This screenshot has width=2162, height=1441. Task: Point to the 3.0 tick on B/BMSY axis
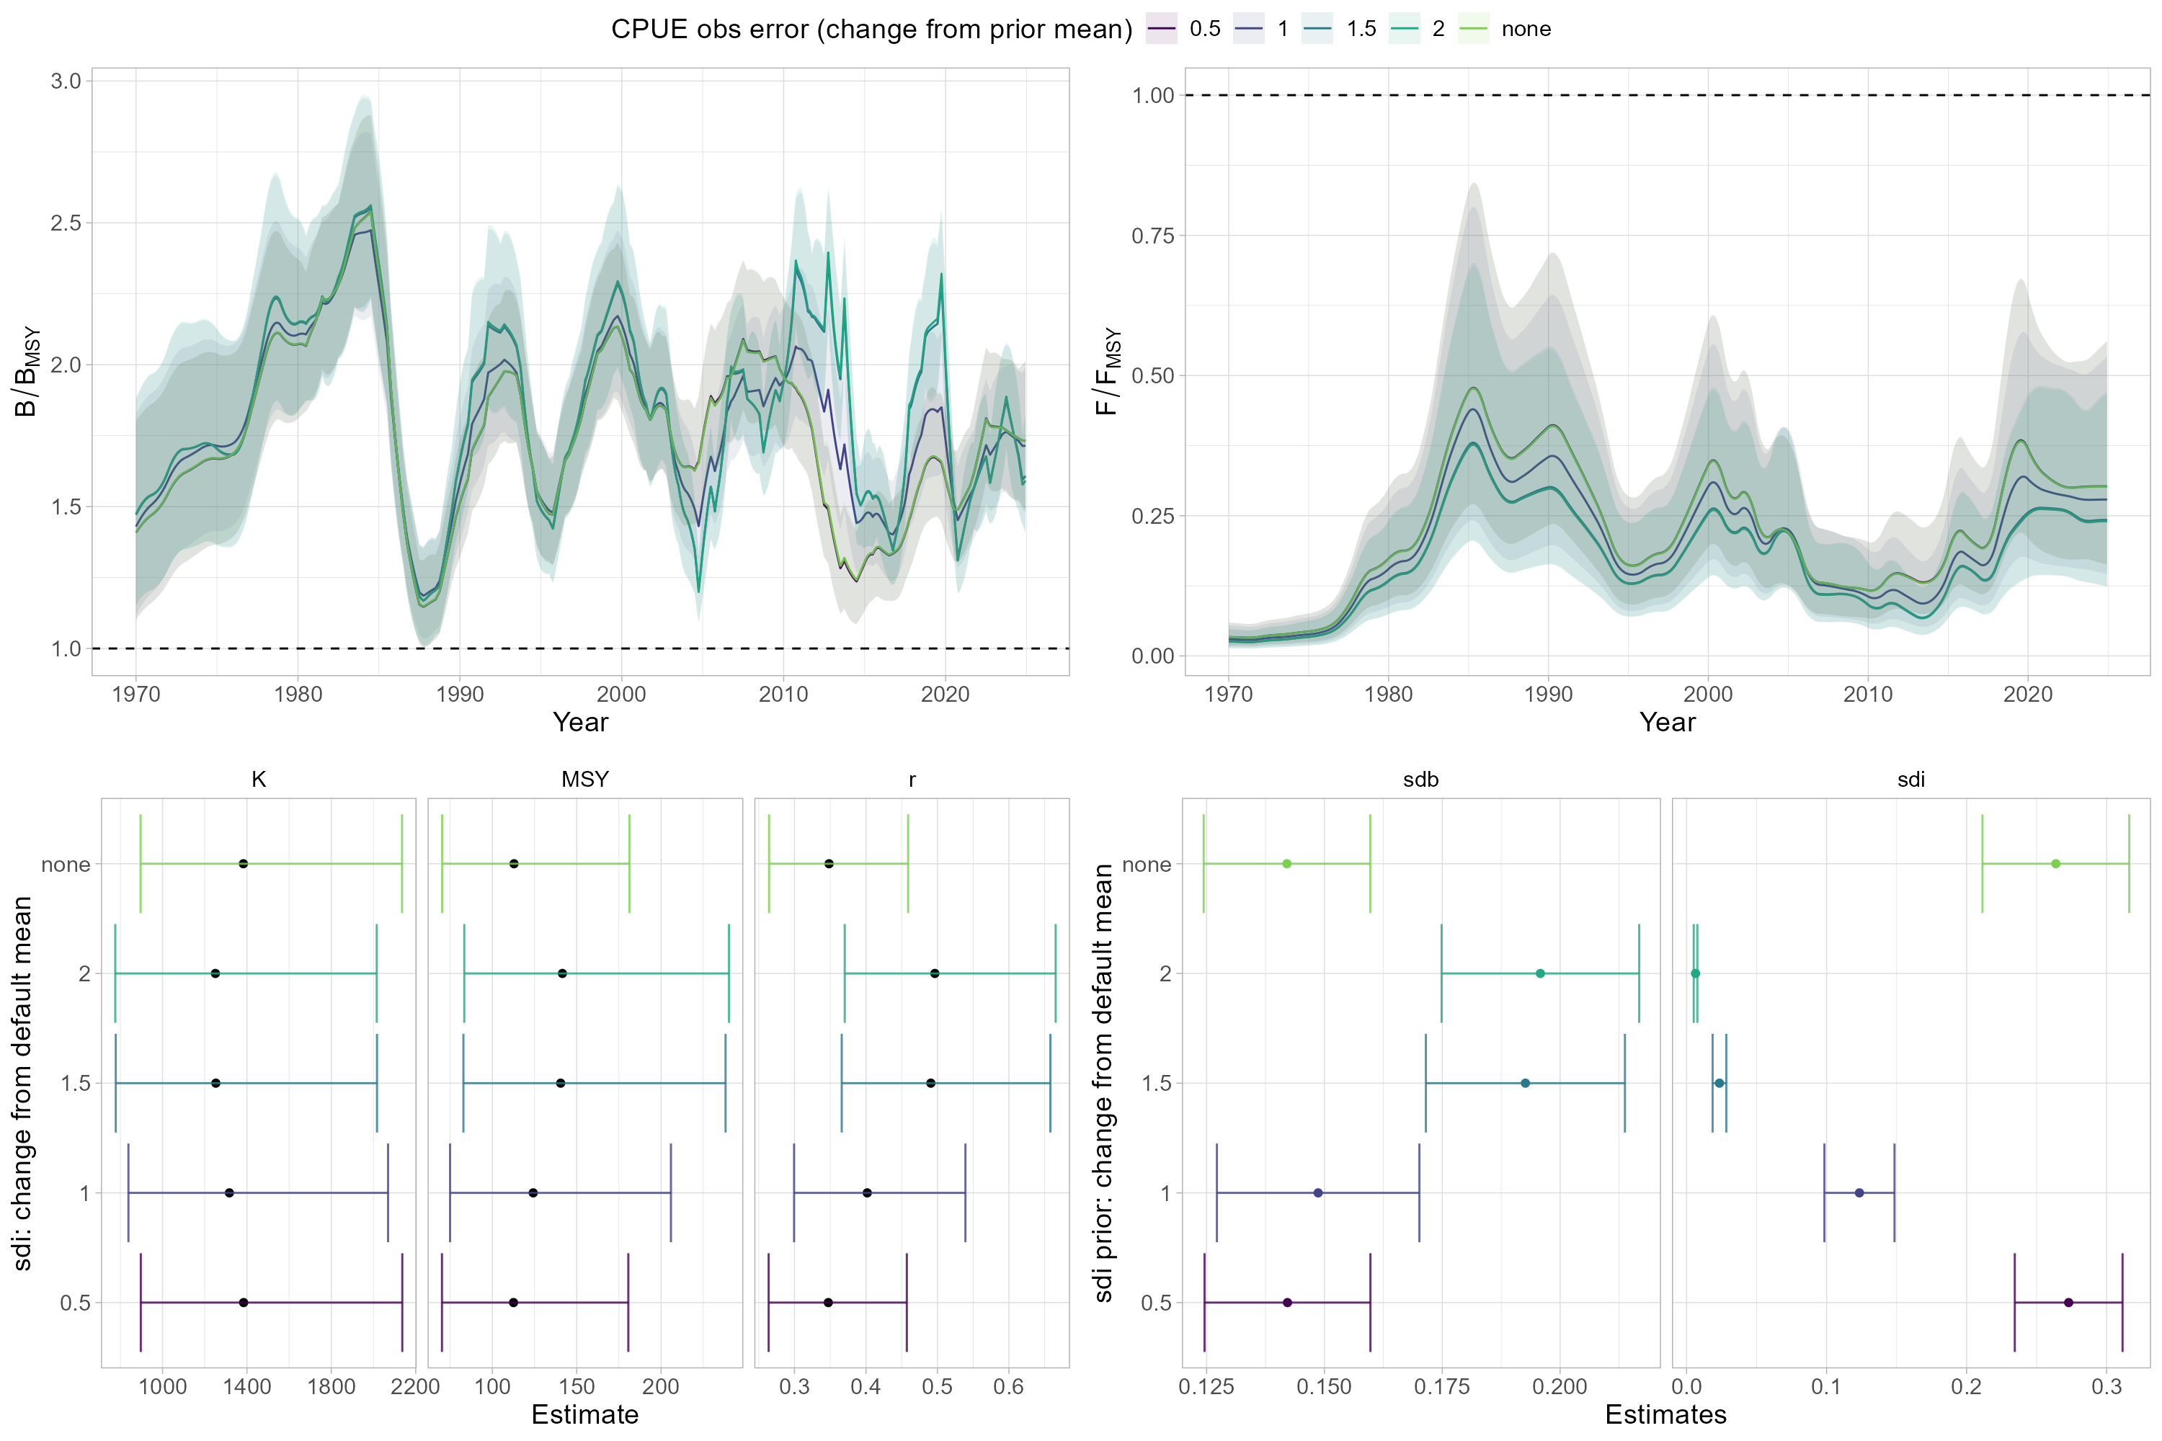pyautogui.click(x=66, y=81)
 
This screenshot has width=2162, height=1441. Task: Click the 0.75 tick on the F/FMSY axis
pyautogui.click(x=1152, y=236)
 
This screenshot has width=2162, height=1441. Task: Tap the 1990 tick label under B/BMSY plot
pyautogui.click(x=460, y=695)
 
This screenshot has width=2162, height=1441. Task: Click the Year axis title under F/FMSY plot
pyautogui.click(x=1666, y=723)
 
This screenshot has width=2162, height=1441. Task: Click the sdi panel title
pyautogui.click(x=1910, y=780)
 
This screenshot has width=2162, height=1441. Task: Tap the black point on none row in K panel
pyautogui.click(x=244, y=864)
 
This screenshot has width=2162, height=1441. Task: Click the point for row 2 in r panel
pyautogui.click(x=935, y=973)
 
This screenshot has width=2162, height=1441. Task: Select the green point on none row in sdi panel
pyautogui.click(x=2055, y=864)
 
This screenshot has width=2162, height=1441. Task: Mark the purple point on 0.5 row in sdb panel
pyautogui.click(x=1287, y=1302)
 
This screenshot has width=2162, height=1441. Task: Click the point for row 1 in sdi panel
pyautogui.click(x=1859, y=1193)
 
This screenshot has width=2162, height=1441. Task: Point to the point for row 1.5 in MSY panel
pyautogui.click(x=561, y=1084)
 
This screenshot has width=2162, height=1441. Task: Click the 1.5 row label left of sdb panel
pyautogui.click(x=1157, y=1084)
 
